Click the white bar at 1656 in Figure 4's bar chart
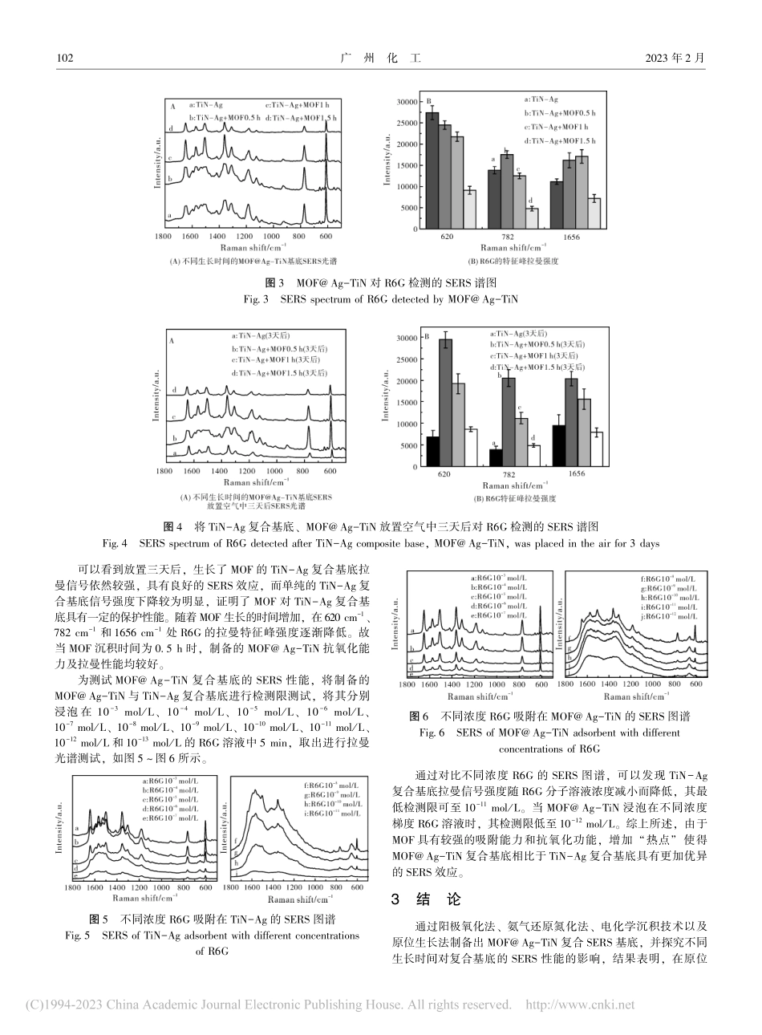pyautogui.click(x=597, y=449)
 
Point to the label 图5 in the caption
pyautogui.click(x=97, y=919)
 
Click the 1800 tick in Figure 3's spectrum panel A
pyautogui.click(x=162, y=238)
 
